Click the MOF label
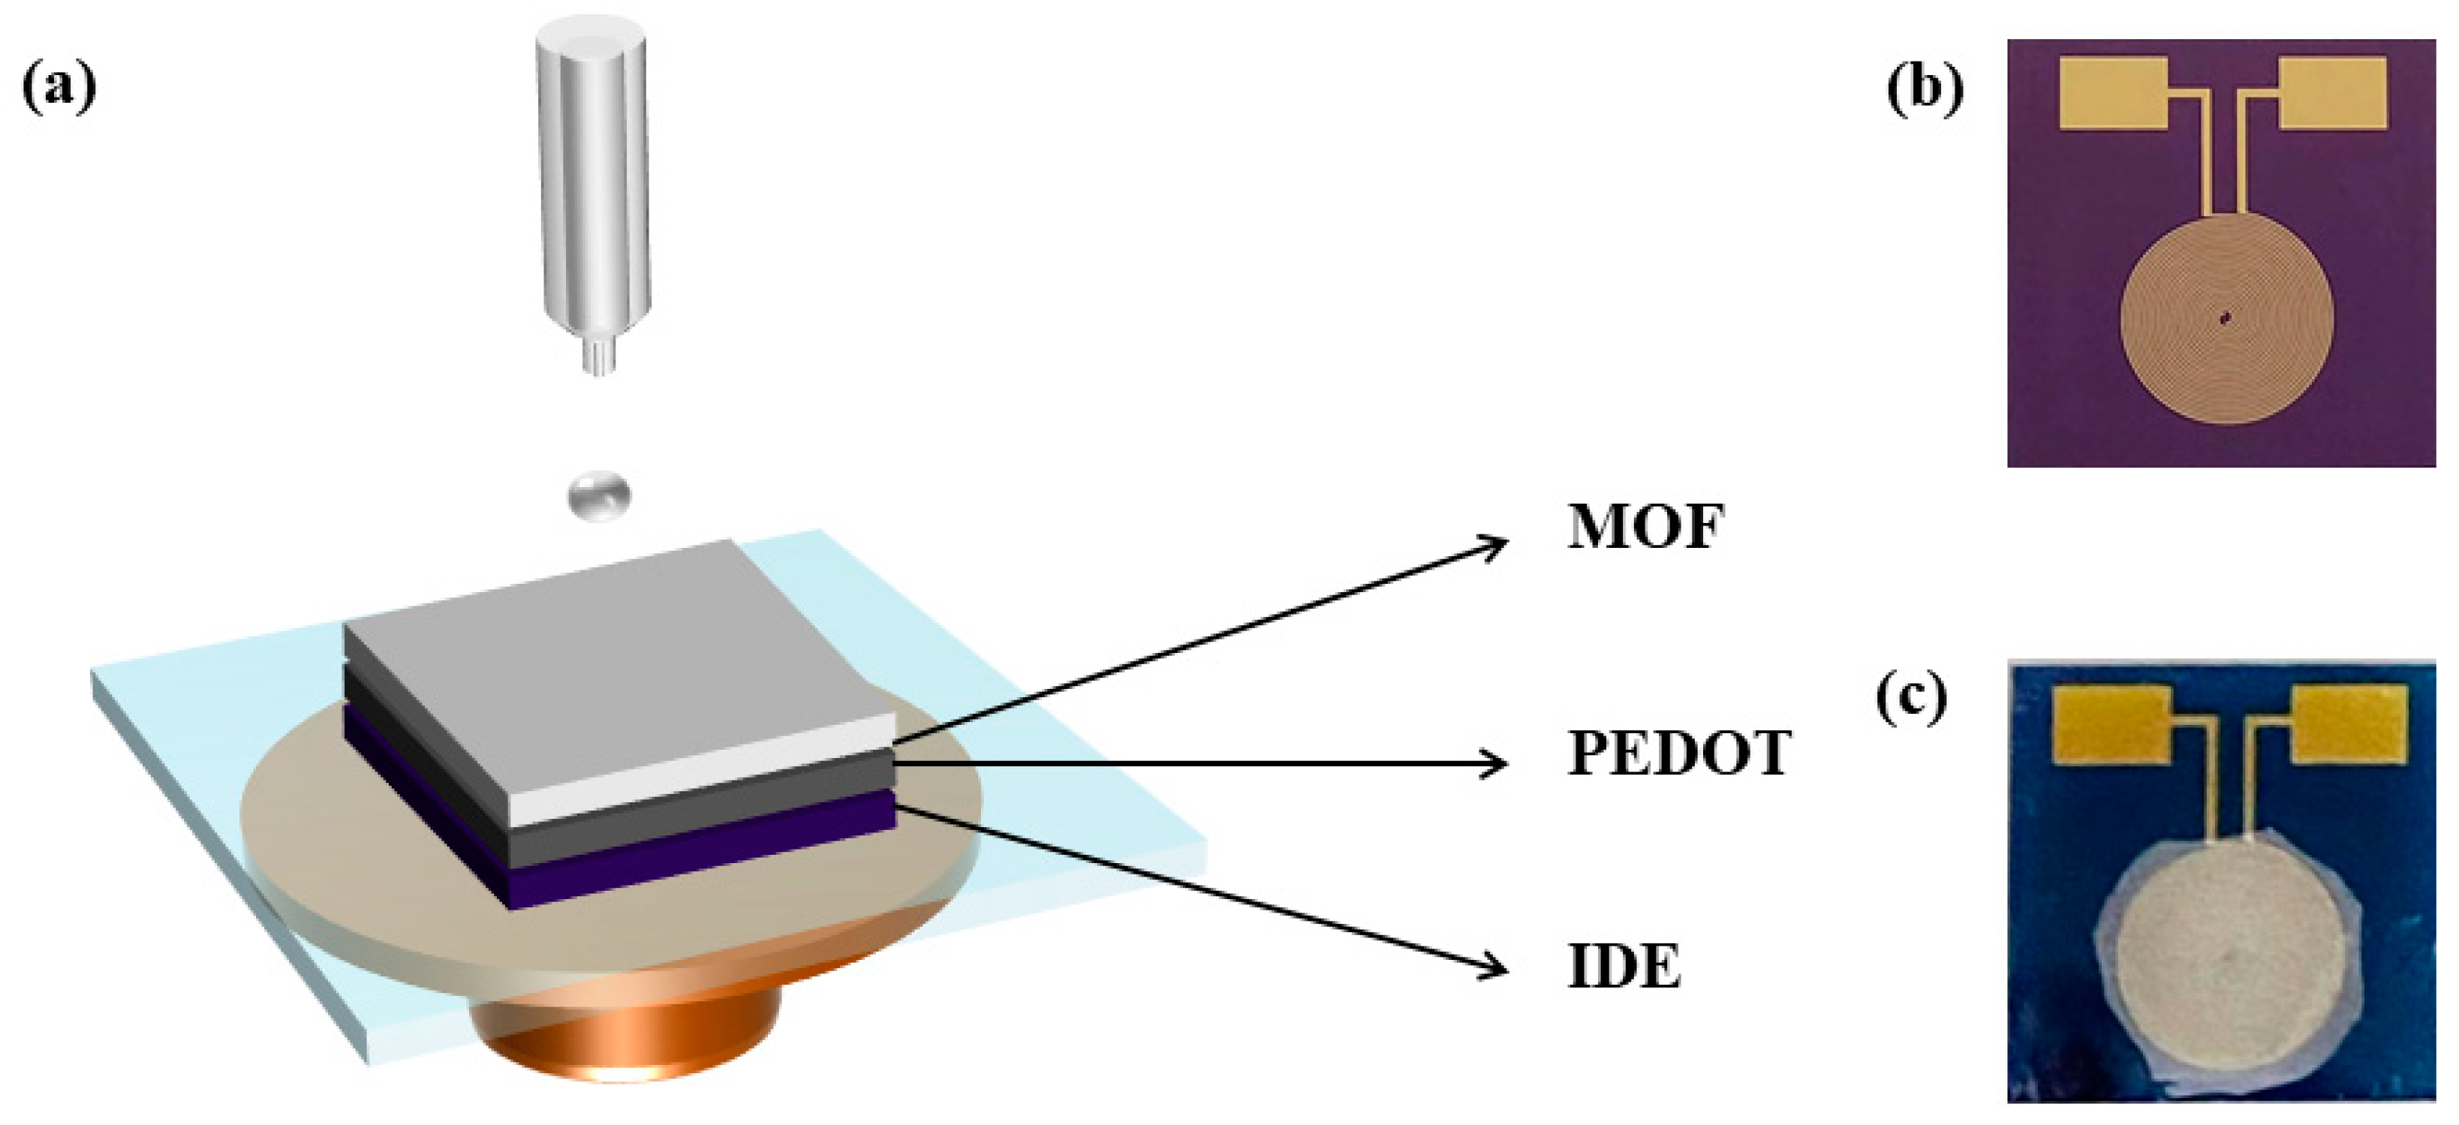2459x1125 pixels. click(x=1645, y=527)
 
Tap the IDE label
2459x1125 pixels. click(x=1624, y=967)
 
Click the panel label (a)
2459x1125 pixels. click(x=59, y=88)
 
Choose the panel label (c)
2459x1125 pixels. click(x=1911, y=699)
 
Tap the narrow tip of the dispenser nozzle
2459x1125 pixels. click(x=597, y=356)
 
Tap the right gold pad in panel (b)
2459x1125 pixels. click(x=2333, y=92)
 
